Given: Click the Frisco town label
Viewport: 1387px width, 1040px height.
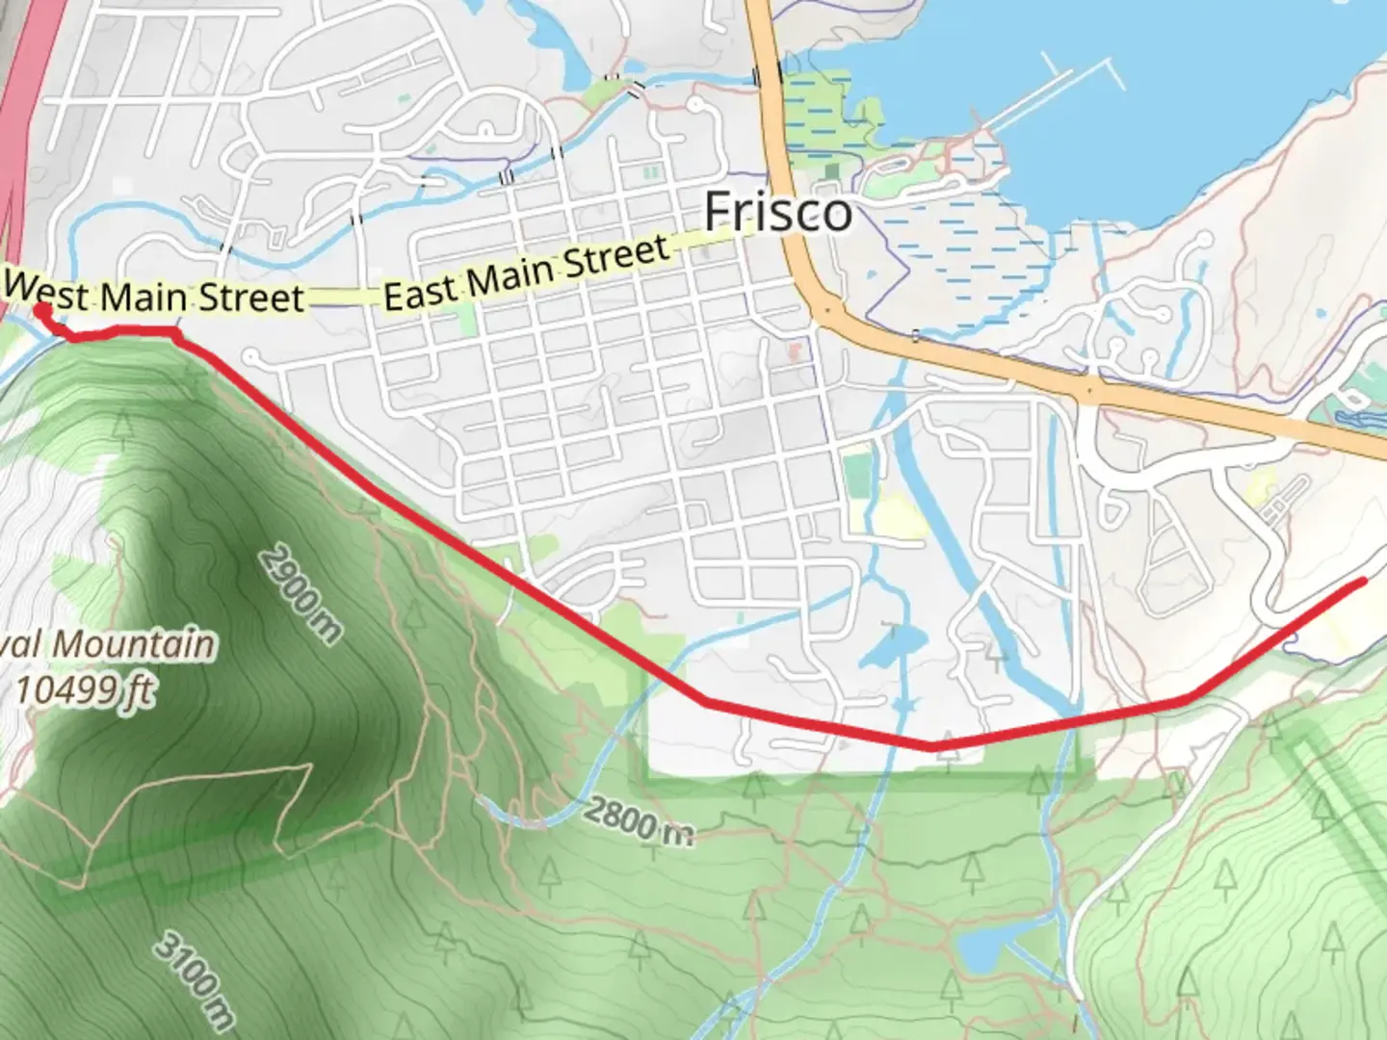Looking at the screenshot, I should (x=778, y=212).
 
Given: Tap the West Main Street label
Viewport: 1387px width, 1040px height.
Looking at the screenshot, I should (x=154, y=294).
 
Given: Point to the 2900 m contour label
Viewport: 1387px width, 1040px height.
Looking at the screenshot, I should (x=301, y=594).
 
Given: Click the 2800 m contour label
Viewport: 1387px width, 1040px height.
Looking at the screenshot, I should (x=638, y=820).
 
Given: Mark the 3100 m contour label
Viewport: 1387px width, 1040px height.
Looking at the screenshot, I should (x=196, y=980).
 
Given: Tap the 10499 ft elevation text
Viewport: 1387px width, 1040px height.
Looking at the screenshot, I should (x=85, y=689).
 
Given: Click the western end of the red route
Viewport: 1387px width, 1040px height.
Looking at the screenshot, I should (x=39, y=309).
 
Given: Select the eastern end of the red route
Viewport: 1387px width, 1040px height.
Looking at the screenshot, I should (x=1364, y=581).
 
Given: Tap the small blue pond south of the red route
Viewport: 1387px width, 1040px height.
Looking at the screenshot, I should (x=978, y=952).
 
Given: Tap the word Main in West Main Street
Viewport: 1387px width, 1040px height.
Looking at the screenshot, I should (x=144, y=296).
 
